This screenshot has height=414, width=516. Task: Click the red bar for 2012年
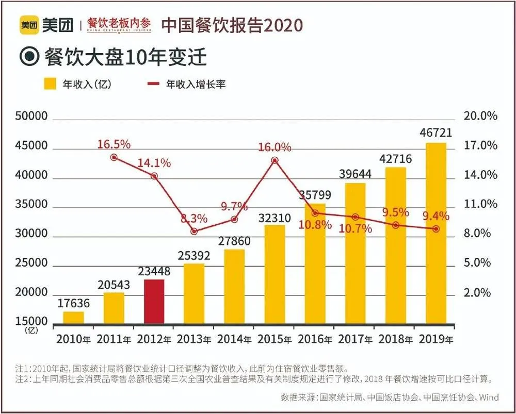154,302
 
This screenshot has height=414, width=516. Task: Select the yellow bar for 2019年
436,233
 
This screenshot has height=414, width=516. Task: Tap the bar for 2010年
73,318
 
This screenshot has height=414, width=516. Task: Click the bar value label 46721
436,133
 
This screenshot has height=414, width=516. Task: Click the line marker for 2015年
275,160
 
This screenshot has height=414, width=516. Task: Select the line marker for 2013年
194,231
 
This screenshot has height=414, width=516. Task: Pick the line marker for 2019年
436,228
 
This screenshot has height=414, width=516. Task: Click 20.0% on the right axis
480,117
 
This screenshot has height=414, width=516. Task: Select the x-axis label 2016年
315,340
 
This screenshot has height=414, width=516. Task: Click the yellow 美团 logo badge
30,25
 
